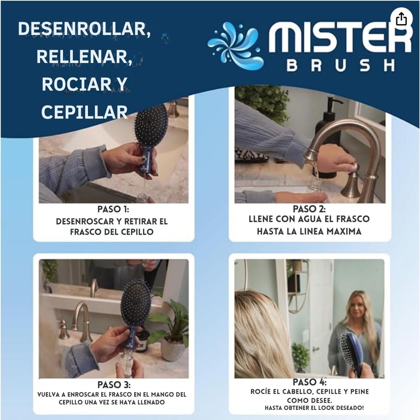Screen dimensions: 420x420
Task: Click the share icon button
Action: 401,19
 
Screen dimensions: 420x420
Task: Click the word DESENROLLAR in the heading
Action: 84,30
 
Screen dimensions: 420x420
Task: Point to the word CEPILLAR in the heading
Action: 84,112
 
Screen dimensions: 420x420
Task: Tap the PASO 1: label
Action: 113,209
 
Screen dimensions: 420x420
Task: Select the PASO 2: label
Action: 309,209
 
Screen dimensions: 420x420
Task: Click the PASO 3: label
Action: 114,385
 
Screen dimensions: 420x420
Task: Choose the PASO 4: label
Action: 310,382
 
